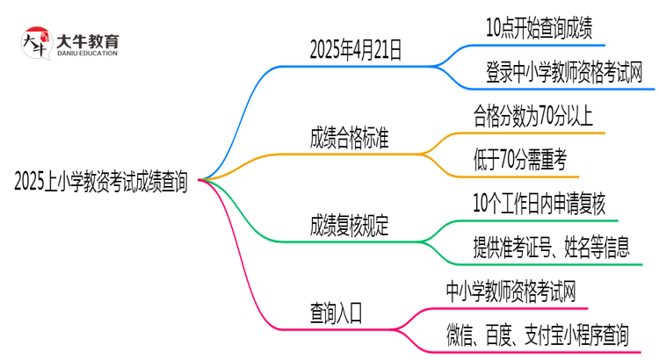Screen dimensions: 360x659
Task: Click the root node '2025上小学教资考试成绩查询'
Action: pyautogui.click(x=101, y=181)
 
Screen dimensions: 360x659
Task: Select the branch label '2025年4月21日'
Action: pyautogui.click(x=355, y=51)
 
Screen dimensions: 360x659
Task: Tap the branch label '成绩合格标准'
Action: pyautogui.click(x=349, y=138)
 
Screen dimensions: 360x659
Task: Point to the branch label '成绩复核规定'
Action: pyautogui.click(x=349, y=226)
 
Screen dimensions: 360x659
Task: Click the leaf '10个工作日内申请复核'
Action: pyautogui.click(x=538, y=203)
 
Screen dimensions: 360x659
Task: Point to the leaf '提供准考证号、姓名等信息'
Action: pyautogui.click(x=550, y=247)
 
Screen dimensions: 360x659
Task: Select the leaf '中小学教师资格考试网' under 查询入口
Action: pyautogui.click(x=511, y=290)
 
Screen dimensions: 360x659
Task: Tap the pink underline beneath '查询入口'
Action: pyautogui.click(x=336, y=328)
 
